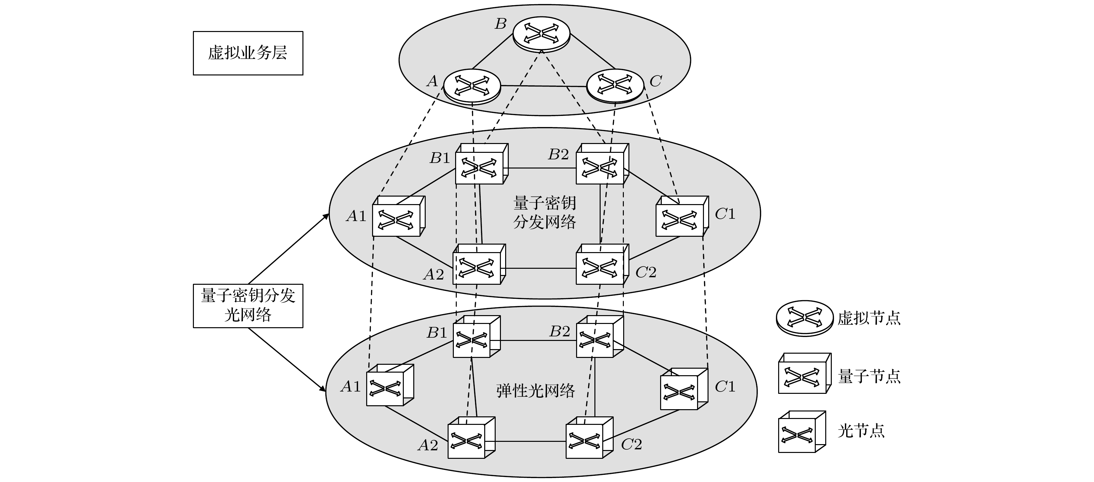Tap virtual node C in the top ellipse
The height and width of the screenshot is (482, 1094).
[615, 85]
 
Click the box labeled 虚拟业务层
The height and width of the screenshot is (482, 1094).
[248, 53]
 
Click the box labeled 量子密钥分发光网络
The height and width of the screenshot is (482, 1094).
[248, 305]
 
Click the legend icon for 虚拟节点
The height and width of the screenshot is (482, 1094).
[804, 318]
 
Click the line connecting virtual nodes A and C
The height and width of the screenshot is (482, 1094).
[544, 86]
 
